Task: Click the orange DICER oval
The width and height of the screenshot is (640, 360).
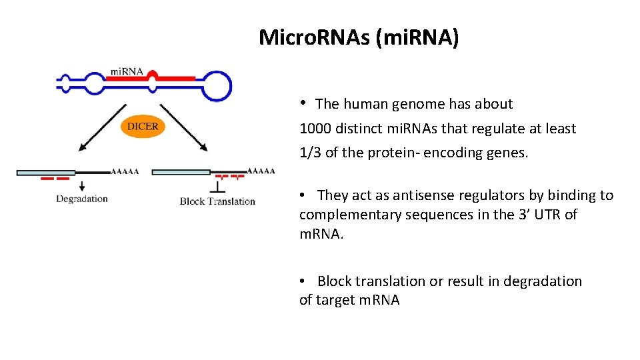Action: coord(142,127)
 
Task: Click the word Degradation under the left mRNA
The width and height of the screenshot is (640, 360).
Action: coord(82,199)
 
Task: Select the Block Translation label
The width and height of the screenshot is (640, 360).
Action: coord(217,201)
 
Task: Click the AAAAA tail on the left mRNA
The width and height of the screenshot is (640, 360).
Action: coord(125,171)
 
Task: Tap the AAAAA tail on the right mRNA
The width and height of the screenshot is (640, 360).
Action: coord(261,171)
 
